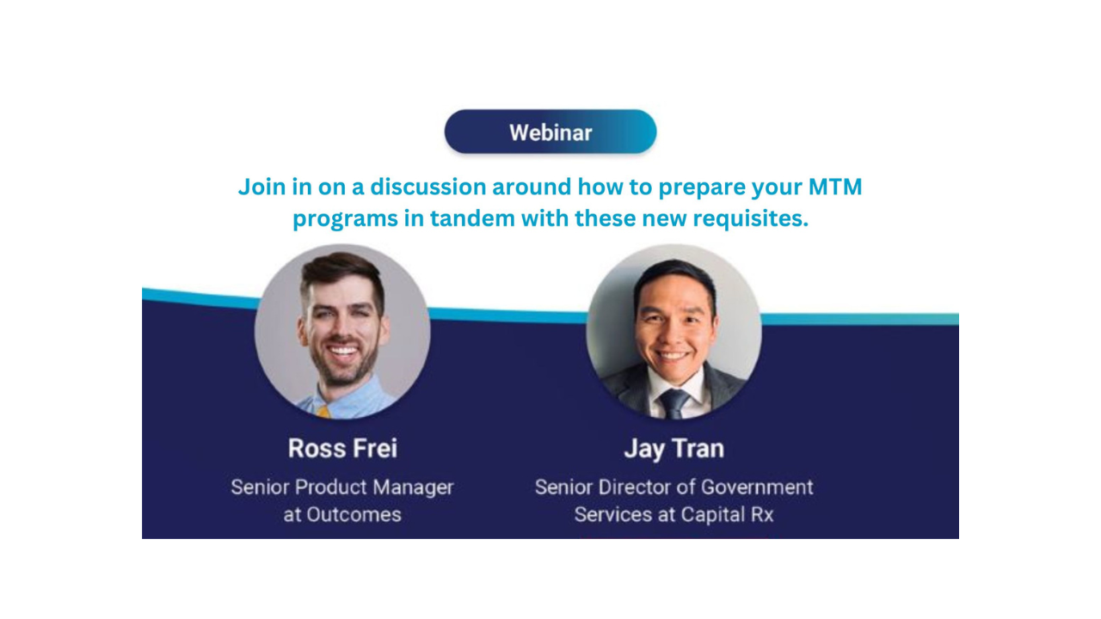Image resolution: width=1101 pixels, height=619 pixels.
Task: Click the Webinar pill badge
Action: (x=550, y=132)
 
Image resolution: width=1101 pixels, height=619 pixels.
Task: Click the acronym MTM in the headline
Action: (x=835, y=187)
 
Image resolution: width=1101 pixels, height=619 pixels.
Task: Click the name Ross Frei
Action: (x=342, y=448)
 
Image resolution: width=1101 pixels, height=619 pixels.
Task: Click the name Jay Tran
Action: (x=674, y=449)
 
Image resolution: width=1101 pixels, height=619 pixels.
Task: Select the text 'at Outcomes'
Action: (x=342, y=515)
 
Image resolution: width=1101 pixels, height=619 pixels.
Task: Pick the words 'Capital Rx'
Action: (x=727, y=515)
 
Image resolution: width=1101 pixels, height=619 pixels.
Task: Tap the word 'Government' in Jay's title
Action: (x=757, y=487)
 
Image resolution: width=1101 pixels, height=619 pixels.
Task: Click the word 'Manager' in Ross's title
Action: (x=413, y=487)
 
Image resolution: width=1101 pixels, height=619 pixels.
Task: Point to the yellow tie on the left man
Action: (x=324, y=412)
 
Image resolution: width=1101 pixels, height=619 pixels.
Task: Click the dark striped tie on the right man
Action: (x=674, y=404)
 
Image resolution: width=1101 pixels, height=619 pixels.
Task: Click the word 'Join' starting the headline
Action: (x=262, y=187)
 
